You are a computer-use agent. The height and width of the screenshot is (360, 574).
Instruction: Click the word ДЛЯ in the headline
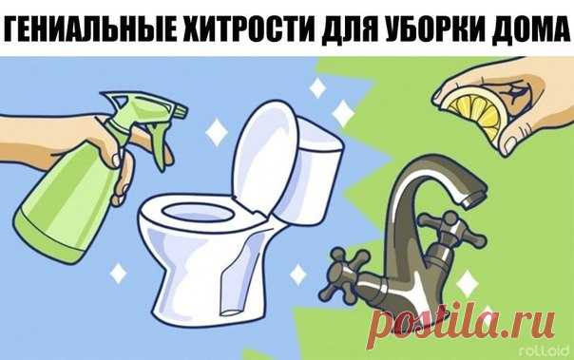coord(348,29)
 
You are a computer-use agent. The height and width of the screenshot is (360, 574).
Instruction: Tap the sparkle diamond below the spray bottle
coord(118,273)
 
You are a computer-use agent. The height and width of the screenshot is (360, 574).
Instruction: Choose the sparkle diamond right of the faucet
coord(468,284)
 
